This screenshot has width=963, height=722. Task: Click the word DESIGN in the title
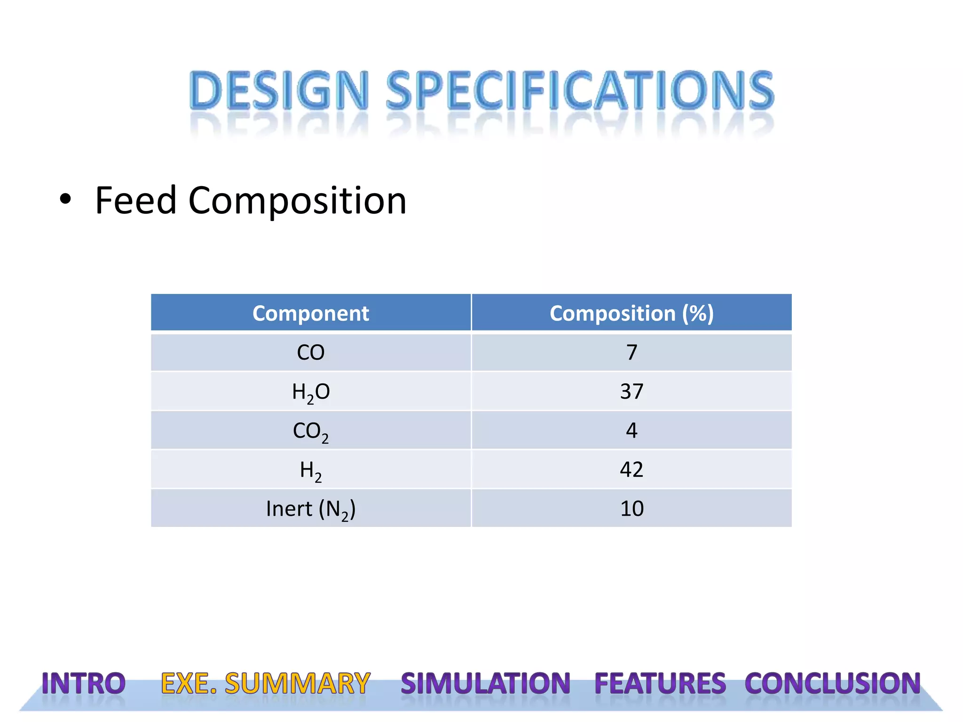tap(278, 90)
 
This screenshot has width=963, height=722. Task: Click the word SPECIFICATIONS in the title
tap(579, 90)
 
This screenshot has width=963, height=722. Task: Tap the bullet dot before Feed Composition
tap(65, 200)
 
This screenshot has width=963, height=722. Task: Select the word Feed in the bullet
tap(135, 201)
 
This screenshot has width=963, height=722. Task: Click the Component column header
tap(310, 313)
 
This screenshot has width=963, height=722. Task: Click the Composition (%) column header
tap(631, 313)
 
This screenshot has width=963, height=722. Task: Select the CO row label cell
tap(310, 353)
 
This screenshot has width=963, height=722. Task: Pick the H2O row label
tap(310, 392)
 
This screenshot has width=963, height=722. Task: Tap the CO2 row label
tap(310, 431)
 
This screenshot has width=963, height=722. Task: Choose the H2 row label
tap(310, 470)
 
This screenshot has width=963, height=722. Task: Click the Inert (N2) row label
tap(310, 509)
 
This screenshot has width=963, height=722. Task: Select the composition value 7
tap(631, 353)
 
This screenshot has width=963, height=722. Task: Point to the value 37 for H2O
tap(631, 392)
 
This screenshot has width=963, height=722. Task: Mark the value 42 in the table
tap(631, 470)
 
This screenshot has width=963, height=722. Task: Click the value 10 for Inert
tap(631, 509)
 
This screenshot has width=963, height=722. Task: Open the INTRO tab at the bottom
tap(84, 683)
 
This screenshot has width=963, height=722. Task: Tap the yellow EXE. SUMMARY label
tap(266, 683)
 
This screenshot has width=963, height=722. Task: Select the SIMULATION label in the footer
tap(485, 683)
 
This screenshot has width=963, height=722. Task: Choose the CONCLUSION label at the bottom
tap(832, 683)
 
